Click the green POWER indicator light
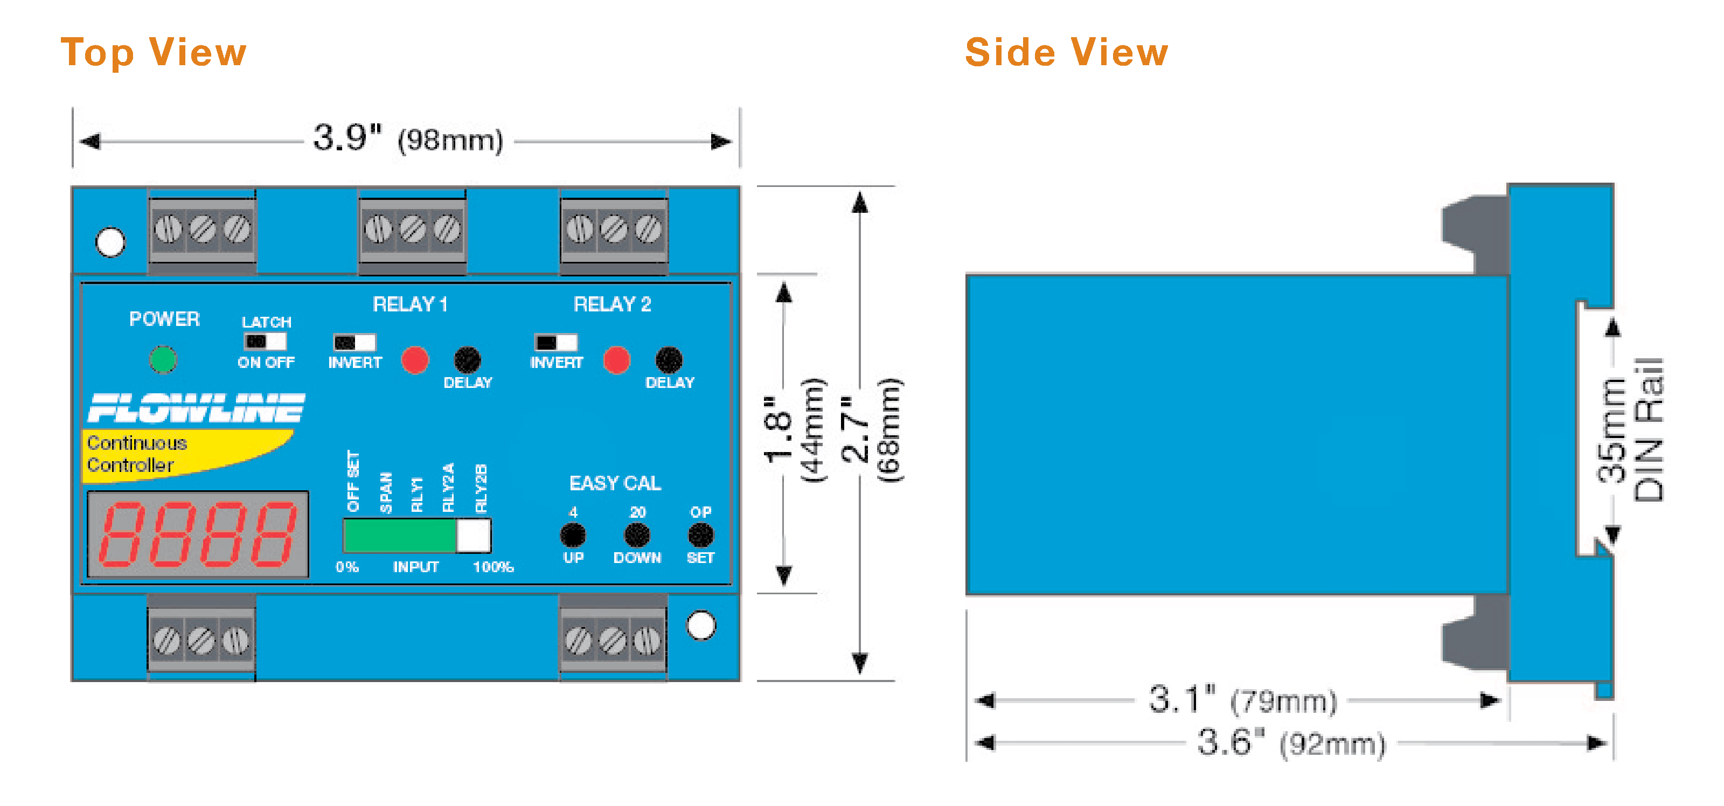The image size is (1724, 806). click(163, 359)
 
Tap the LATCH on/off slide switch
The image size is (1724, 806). click(265, 342)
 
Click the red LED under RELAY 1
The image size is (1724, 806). click(415, 359)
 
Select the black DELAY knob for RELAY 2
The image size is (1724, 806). click(669, 359)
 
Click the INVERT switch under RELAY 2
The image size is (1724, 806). click(555, 342)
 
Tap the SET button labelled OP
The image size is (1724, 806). click(700, 535)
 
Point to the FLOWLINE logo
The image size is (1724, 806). click(196, 408)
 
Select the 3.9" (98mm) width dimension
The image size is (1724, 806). click(408, 139)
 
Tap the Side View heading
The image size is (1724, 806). click(1066, 52)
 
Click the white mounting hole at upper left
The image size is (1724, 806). click(110, 242)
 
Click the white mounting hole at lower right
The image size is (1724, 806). click(701, 626)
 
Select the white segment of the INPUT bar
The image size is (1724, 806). click(473, 536)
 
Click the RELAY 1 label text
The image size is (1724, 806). click(409, 304)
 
